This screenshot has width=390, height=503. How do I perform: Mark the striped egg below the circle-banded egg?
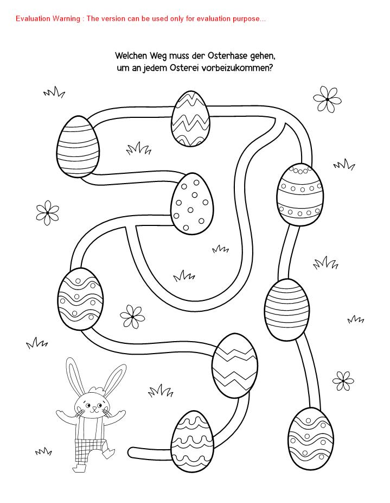(x=287, y=309)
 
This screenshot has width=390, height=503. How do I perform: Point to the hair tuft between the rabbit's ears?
(x=98, y=389)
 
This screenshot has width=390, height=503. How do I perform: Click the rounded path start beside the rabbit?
(x=131, y=453)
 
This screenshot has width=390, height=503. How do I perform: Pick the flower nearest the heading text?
(x=327, y=99)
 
